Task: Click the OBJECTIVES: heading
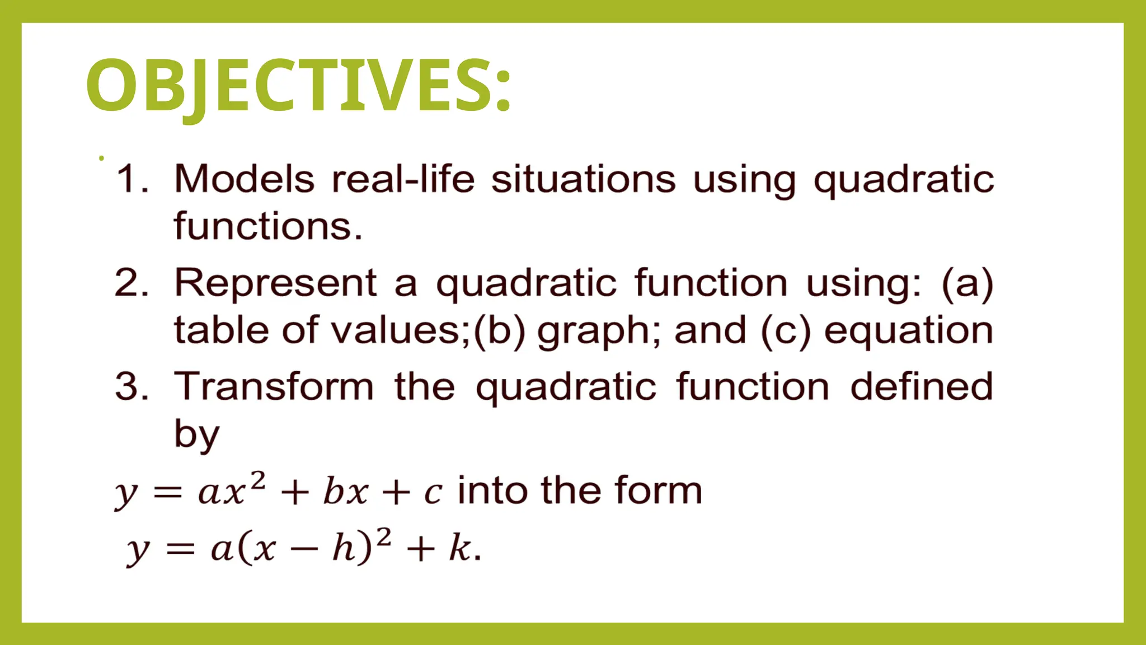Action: pos(298,85)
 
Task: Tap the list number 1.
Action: pos(132,179)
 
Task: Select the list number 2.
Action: pos(132,283)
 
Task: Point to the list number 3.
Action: pos(132,386)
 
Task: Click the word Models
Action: pos(245,179)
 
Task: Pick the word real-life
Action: pos(403,179)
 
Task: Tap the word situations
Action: pos(584,179)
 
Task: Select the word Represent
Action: pos(276,283)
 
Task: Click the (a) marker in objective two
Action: pos(967,283)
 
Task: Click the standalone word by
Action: pos(197,434)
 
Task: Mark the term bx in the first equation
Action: pos(345,492)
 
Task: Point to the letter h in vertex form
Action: pos(344,547)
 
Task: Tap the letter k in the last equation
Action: pos(459,547)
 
